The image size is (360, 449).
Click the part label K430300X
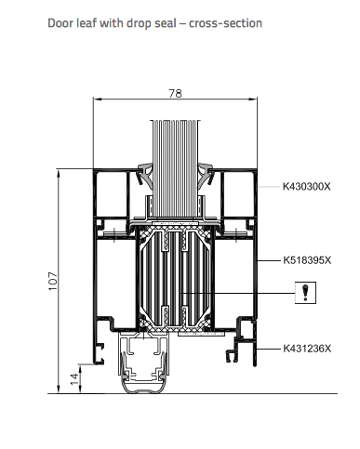(x=306, y=187)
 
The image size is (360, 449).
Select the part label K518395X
(x=307, y=260)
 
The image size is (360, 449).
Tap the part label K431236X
(x=307, y=349)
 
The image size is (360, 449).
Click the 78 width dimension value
(x=175, y=93)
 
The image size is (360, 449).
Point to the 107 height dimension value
(x=53, y=281)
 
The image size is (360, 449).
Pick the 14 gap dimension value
(x=74, y=379)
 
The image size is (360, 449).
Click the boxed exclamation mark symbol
(x=305, y=293)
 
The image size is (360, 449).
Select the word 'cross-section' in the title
(x=225, y=23)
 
